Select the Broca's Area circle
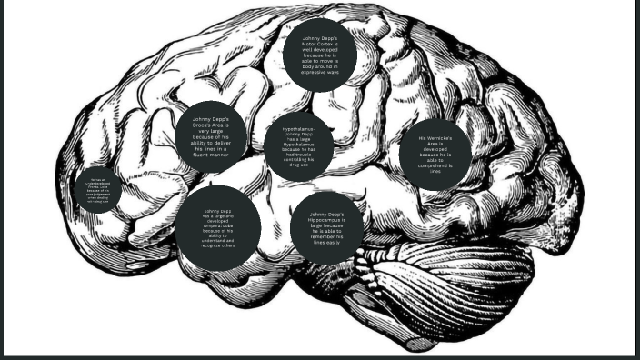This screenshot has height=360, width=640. (212, 136)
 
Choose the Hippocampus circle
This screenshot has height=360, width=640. (326, 227)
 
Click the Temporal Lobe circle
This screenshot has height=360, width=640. (218, 228)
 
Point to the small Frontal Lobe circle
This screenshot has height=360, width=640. (97, 190)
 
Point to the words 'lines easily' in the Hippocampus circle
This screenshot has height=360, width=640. (326, 243)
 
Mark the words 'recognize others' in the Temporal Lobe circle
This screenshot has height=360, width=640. (218, 245)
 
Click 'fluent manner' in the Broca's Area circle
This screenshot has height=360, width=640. (211, 155)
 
